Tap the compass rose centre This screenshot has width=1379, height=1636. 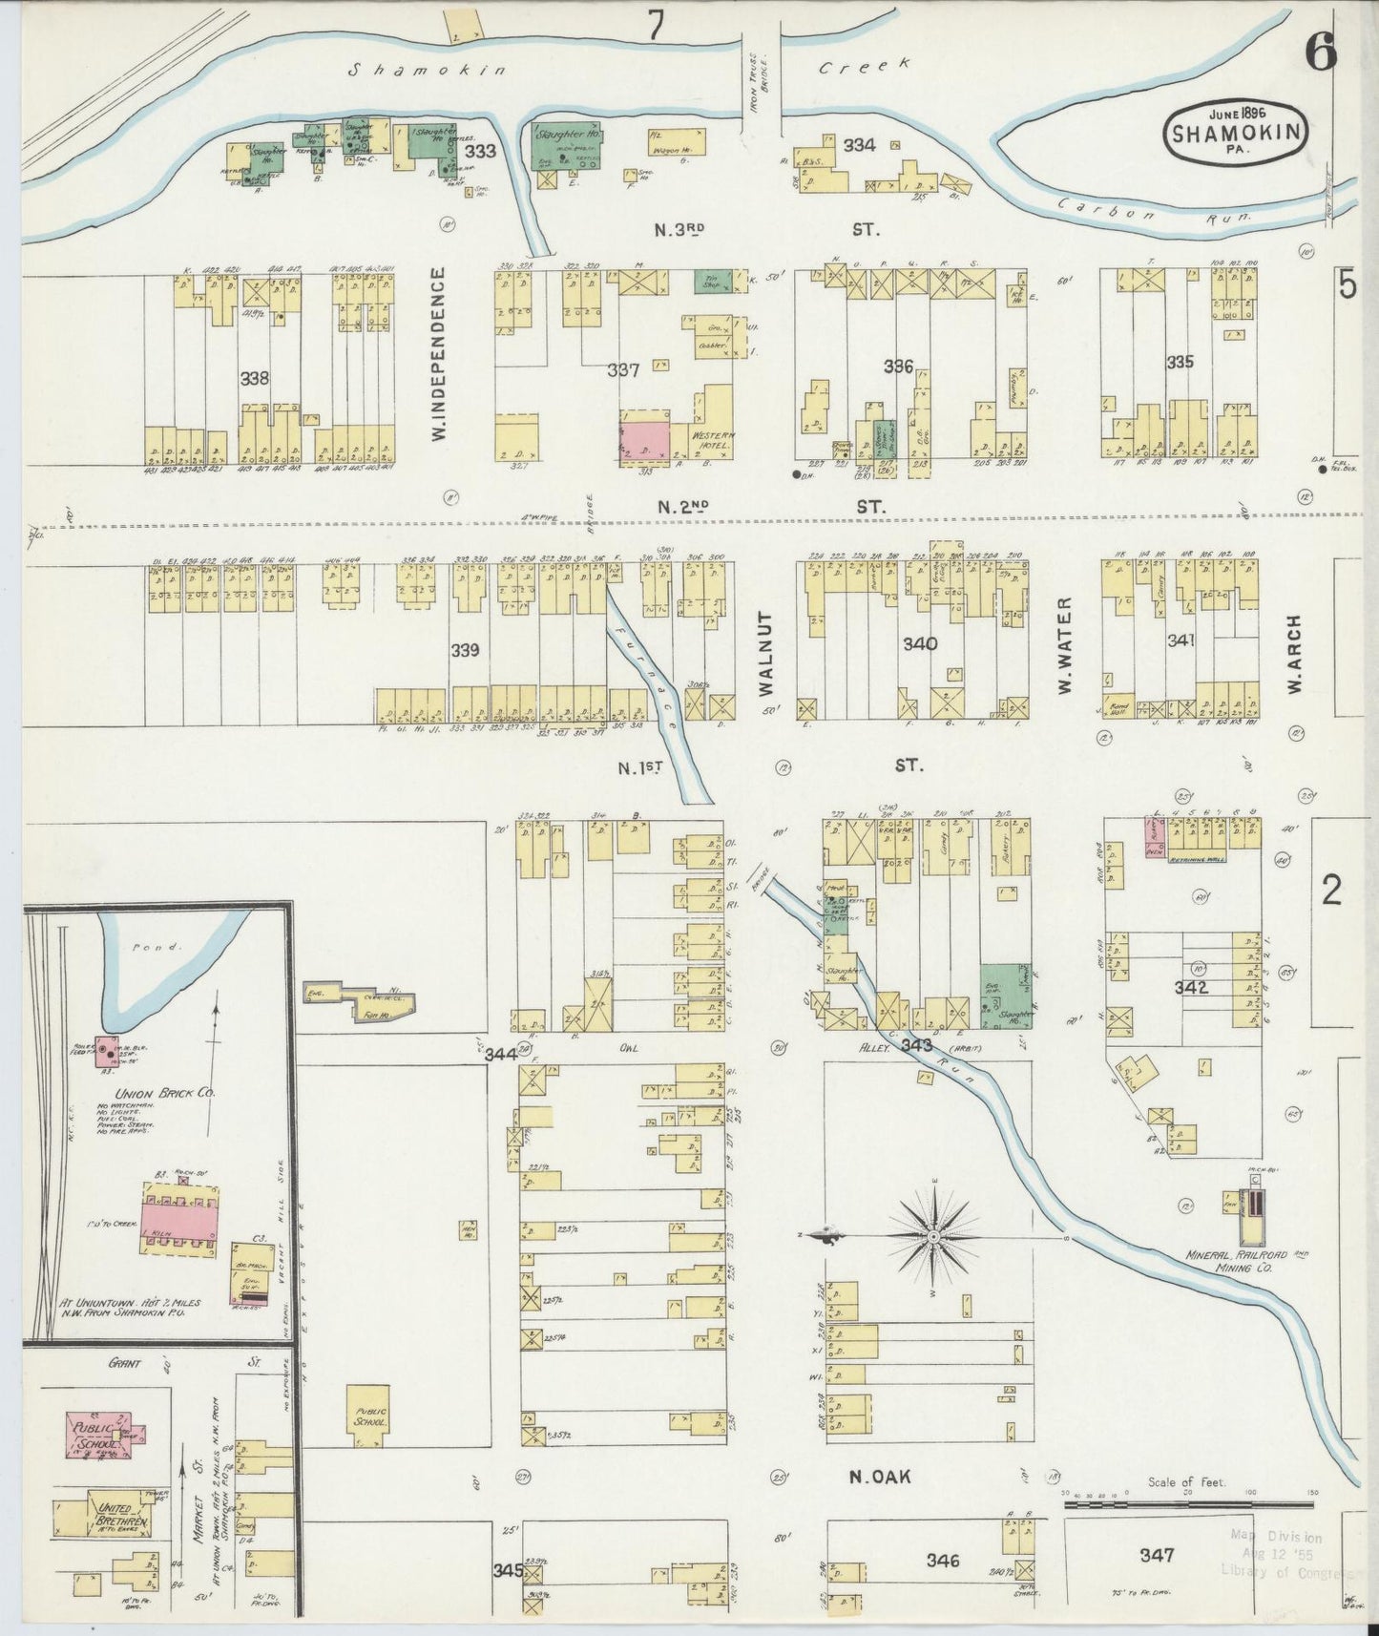pos(933,1237)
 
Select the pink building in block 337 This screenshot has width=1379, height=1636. pos(644,438)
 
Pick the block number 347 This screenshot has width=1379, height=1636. pos(1157,1555)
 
